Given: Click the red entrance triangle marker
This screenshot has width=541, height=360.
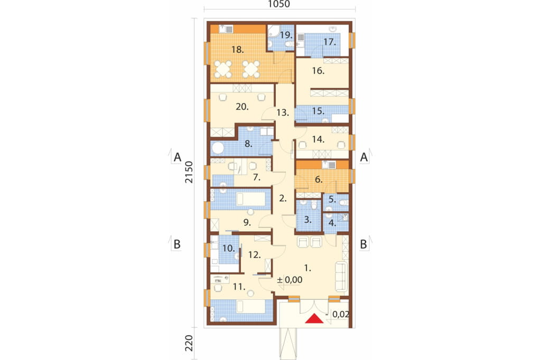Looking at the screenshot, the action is pyautogui.click(x=314, y=319).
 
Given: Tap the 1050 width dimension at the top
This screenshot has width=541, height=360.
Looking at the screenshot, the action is pyautogui.click(x=279, y=4).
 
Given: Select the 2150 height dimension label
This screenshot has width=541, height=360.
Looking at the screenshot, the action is pyautogui.click(x=189, y=172).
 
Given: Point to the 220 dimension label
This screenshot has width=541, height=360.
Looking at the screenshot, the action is pyautogui.click(x=189, y=344).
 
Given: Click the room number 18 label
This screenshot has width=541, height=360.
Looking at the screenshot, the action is pyautogui.click(x=238, y=50).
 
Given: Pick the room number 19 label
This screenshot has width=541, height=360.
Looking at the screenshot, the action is pyautogui.click(x=286, y=35).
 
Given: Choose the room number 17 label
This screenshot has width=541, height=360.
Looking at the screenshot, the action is pyautogui.click(x=330, y=42).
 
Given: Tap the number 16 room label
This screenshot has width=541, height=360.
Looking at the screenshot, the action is pyautogui.click(x=318, y=71).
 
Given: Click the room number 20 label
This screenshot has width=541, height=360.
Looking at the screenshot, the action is pyautogui.click(x=242, y=107).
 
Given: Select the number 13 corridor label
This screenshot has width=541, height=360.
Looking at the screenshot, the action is pyautogui.click(x=283, y=112).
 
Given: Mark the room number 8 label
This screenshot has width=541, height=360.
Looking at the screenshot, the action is pyautogui.click(x=248, y=144).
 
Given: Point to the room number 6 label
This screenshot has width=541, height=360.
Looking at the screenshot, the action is pyautogui.click(x=319, y=179).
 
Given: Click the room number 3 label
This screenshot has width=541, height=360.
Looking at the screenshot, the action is pyautogui.click(x=308, y=219).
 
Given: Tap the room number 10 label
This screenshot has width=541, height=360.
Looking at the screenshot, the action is pyautogui.click(x=228, y=248).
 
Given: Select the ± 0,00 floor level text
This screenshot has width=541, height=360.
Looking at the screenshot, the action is pyautogui.click(x=290, y=280).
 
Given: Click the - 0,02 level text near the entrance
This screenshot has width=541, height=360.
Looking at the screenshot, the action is pyautogui.click(x=337, y=314).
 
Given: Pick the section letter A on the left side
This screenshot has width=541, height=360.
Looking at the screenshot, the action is pyautogui.click(x=178, y=157).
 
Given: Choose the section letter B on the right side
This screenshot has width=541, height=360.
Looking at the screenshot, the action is pyautogui.click(x=363, y=244).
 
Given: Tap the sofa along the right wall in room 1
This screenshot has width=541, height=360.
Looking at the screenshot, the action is pyautogui.click(x=341, y=276).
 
